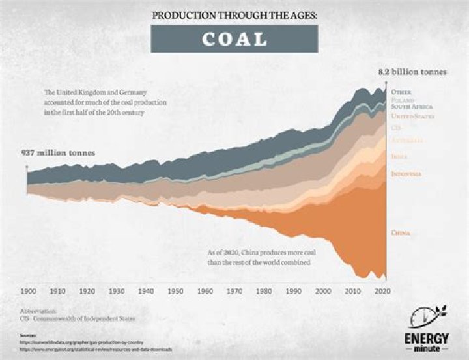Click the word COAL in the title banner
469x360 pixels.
[234, 39]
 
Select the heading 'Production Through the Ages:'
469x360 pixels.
[234, 14]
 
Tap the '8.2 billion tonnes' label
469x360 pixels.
[414, 72]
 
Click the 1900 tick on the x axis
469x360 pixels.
[28, 291]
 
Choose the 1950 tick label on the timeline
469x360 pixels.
[175, 291]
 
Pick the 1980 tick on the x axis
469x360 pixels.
[264, 291]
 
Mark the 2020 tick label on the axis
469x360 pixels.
[382, 291]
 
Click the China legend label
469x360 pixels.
[401, 232]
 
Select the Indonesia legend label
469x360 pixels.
[406, 174]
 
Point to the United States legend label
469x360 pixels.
[412, 116]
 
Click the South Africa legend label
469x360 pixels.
[411, 105]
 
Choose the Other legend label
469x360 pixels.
[400, 92]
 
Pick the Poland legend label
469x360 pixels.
[402, 100]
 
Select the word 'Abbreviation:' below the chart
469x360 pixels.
[38, 311]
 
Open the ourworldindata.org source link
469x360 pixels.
[81, 342]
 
